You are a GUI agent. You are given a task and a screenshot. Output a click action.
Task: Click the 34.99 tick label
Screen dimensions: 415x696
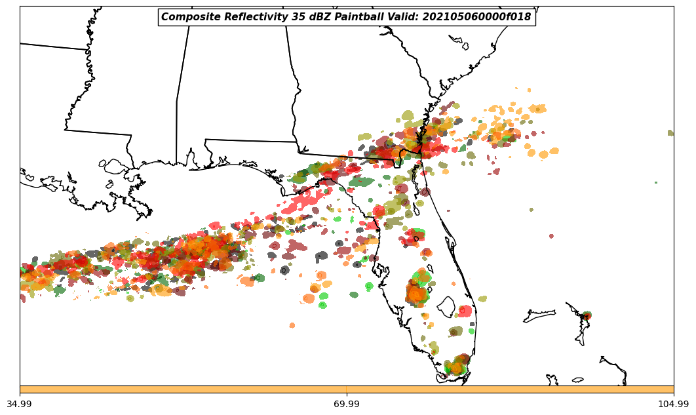19,404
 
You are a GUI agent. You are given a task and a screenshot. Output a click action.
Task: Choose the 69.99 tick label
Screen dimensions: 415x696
346,404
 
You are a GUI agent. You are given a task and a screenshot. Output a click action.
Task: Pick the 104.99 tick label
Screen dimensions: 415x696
673,404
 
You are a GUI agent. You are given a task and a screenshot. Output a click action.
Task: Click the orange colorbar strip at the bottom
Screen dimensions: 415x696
347,389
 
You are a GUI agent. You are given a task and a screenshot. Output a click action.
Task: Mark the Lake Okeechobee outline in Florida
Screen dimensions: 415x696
446,306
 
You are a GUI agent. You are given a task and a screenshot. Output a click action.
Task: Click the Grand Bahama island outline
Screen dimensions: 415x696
539,317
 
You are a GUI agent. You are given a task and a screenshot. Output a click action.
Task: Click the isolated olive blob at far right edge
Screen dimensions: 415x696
670,133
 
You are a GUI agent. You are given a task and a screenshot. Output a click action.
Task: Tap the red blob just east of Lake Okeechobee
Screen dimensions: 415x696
465,311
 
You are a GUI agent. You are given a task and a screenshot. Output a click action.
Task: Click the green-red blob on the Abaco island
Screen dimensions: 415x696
586,316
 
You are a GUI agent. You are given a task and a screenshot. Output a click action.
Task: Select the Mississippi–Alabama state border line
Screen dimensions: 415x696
176,131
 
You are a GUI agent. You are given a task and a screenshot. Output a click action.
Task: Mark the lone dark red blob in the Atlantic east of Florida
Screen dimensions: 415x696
551,236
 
